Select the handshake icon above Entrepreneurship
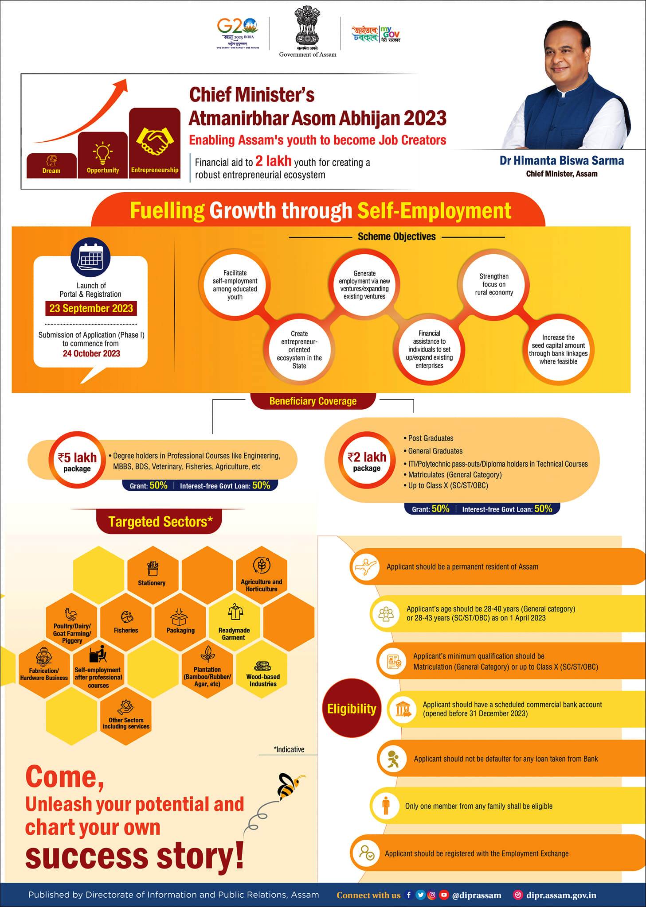coord(155,141)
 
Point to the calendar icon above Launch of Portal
coord(90,256)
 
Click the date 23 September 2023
coord(91,308)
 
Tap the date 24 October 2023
coord(91,353)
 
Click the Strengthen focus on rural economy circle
coord(494,284)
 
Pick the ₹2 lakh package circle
coord(367,461)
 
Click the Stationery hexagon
coord(152,574)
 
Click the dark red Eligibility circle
coord(352,709)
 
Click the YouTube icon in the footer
coord(443,895)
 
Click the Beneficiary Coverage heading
coord(313,401)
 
